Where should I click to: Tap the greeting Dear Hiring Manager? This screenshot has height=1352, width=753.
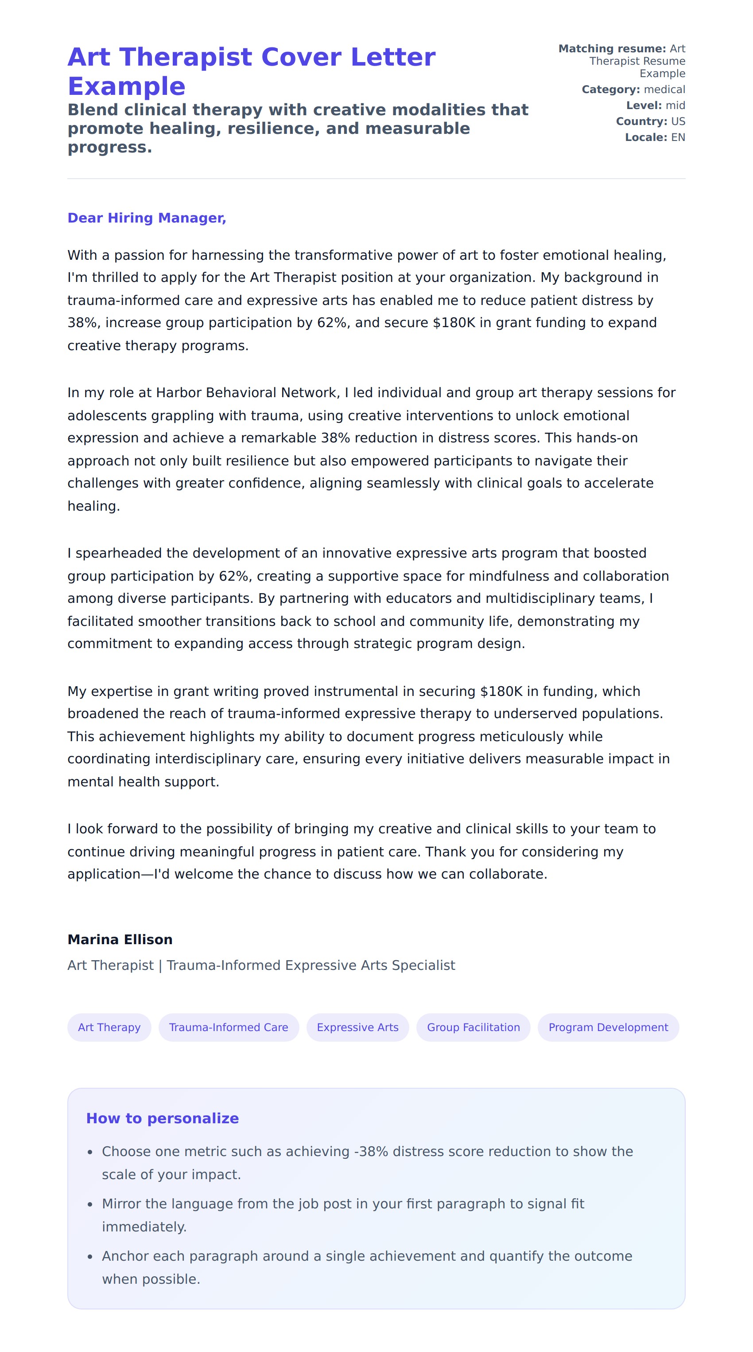[x=146, y=218]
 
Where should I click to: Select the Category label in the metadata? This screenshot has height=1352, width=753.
[x=610, y=90]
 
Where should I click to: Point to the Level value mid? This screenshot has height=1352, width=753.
[x=675, y=106]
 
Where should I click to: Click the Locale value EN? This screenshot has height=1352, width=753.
[x=678, y=137]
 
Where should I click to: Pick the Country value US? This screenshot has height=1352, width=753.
[x=678, y=122]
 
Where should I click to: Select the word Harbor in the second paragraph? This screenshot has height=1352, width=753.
[x=179, y=393]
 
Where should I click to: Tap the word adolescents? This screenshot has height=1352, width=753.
[x=107, y=416]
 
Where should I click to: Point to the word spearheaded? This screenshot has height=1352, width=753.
[x=119, y=553]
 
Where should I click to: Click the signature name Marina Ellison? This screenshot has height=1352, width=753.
[x=120, y=939]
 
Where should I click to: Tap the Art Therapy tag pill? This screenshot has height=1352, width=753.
[x=109, y=1027]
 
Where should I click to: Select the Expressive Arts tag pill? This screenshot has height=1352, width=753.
[x=357, y=1027]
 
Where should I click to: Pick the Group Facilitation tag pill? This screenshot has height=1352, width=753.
[x=473, y=1027]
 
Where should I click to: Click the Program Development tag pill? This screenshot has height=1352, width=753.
[x=608, y=1027]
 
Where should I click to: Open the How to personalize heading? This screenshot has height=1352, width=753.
[x=162, y=1118]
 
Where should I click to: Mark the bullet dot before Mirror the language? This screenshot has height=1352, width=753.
[x=90, y=1204]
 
